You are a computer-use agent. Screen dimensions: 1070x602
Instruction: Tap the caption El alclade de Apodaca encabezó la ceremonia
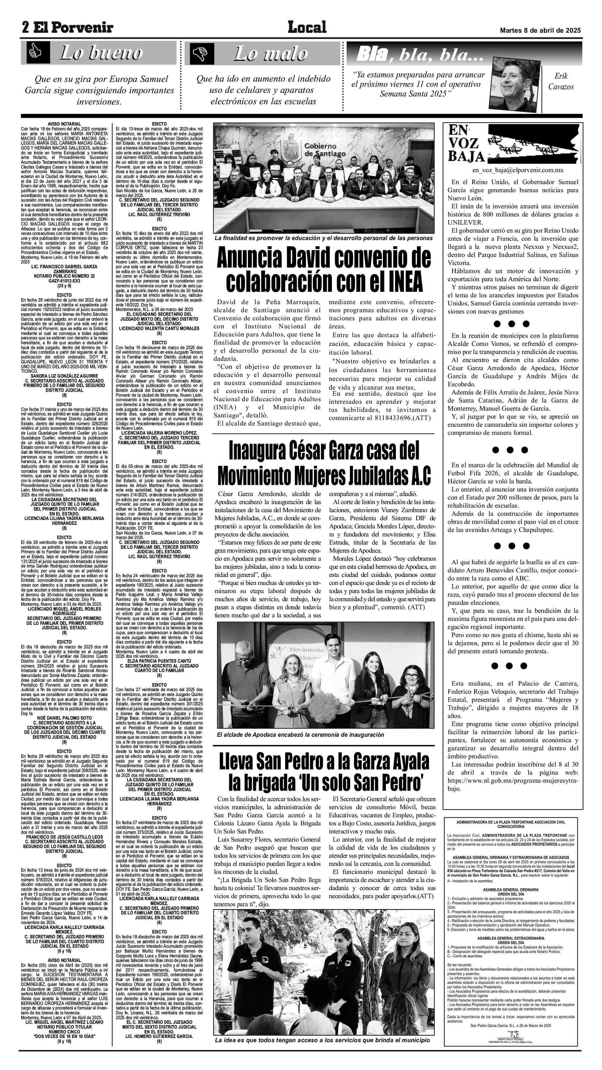pos(300,734)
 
